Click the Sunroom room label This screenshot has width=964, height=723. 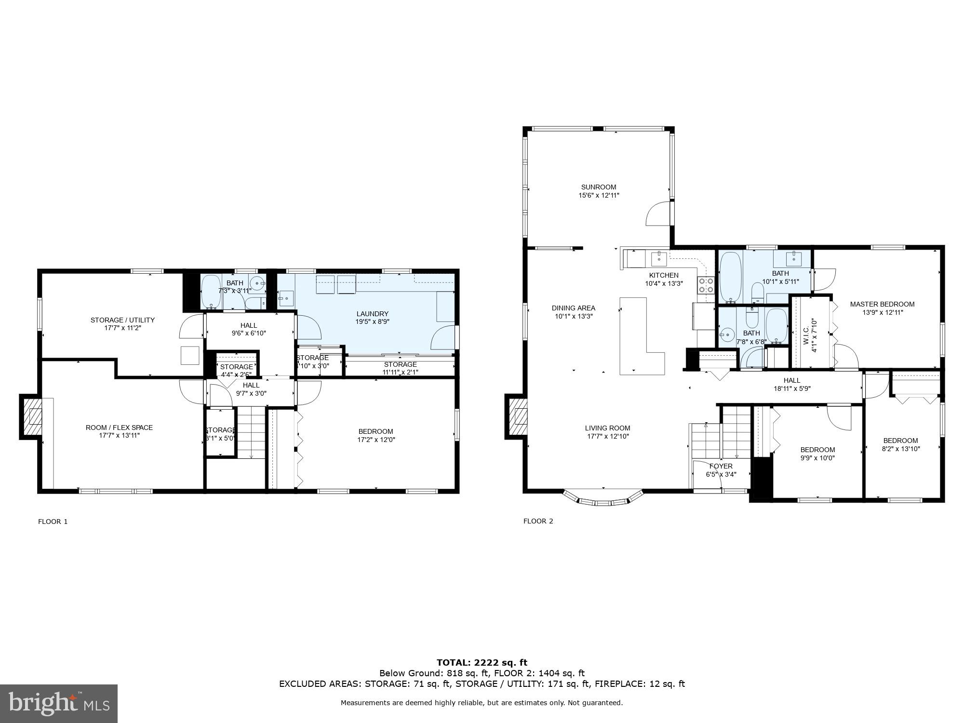(x=598, y=187)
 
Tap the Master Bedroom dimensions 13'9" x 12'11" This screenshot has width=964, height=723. (x=882, y=312)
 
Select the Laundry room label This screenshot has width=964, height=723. (x=372, y=314)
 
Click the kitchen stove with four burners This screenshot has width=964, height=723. (x=706, y=285)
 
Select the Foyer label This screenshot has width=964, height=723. (x=721, y=466)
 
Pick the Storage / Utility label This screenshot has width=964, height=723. (x=122, y=320)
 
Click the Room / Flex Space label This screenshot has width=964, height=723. (x=119, y=428)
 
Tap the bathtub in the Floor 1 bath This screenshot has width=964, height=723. (x=211, y=292)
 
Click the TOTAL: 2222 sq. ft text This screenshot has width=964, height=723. (x=482, y=663)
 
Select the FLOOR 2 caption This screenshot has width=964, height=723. (x=538, y=521)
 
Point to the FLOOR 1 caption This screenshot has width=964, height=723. (x=53, y=522)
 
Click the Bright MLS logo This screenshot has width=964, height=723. (x=59, y=703)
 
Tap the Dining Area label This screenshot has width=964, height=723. (x=573, y=308)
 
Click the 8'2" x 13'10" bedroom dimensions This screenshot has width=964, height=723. (x=900, y=449)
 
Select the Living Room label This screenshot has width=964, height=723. (x=607, y=428)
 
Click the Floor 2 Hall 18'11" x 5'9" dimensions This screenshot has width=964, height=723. (x=791, y=388)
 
